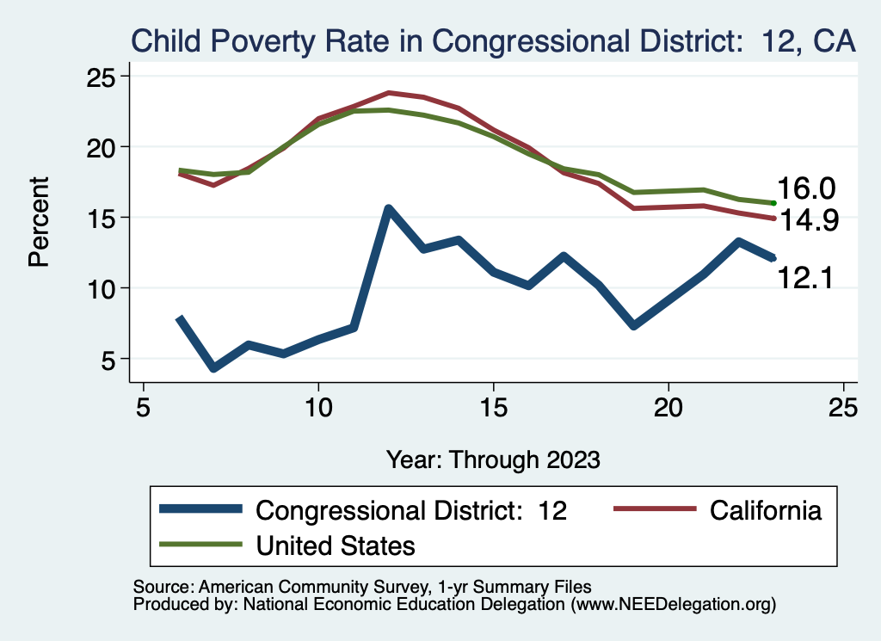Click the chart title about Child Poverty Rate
[x=492, y=40]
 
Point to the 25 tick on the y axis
[x=104, y=77]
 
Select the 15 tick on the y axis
[x=104, y=218]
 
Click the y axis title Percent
[x=40, y=221]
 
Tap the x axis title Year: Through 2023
[x=492, y=459]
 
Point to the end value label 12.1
[x=806, y=277]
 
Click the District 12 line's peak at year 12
[x=388, y=209]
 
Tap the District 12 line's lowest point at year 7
[x=213, y=368]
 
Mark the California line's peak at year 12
[x=388, y=92]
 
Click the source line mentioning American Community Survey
[x=362, y=587]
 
